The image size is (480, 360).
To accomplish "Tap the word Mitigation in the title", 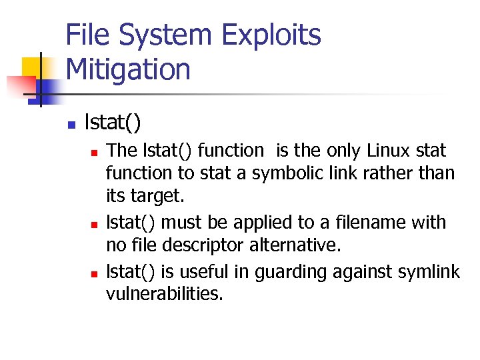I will [x=129, y=69].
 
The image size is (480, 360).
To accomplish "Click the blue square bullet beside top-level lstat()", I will [x=71, y=125].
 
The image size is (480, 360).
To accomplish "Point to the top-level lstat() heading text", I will [x=113, y=123].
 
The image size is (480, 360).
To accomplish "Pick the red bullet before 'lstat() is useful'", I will [x=94, y=273].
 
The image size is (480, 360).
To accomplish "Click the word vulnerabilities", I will [x=165, y=293].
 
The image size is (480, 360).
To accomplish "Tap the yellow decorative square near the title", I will [x=33, y=67].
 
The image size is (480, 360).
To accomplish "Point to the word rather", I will [x=389, y=174].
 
